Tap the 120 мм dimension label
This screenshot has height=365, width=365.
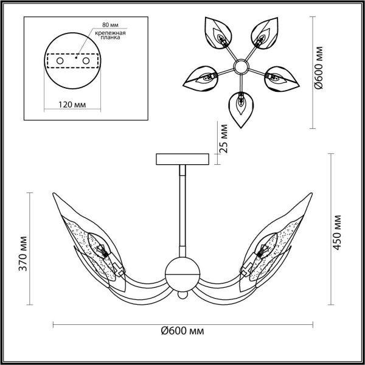click(72, 105)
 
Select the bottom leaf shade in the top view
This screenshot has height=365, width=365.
click(242, 107)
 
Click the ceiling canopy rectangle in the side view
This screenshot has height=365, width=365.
click(182, 159)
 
